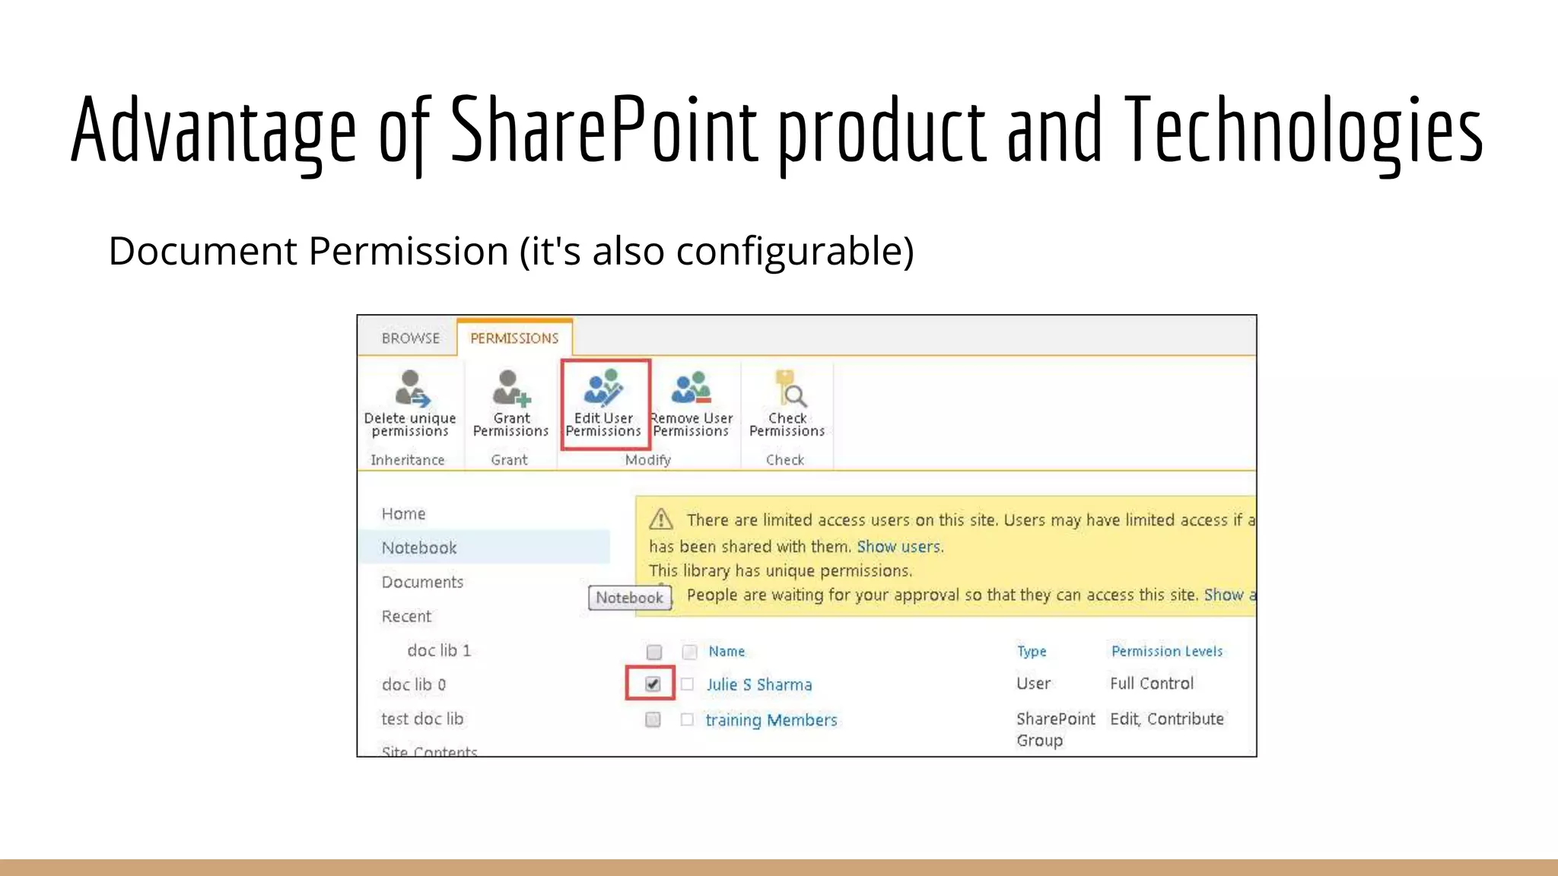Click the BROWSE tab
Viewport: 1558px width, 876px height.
(411, 338)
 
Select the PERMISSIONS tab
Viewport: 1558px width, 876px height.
(514, 338)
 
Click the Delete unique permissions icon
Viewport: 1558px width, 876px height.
(411, 389)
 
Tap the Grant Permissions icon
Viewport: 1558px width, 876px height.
(510, 389)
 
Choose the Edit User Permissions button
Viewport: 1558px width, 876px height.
(604, 403)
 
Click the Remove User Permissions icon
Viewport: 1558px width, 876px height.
(692, 389)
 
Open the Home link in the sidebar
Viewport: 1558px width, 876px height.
(404, 514)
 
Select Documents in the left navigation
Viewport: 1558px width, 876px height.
(422, 582)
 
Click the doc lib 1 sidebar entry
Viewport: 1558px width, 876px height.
(439, 651)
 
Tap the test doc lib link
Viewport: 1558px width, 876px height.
(422, 719)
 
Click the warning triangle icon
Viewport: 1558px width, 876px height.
(661, 519)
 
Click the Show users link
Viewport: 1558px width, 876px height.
(898, 547)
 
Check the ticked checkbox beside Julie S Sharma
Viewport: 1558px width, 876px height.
(653, 684)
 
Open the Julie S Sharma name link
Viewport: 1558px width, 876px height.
(759, 685)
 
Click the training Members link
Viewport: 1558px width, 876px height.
(771, 720)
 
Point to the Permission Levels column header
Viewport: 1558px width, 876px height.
(1167, 652)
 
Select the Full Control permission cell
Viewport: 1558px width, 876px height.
(1152, 684)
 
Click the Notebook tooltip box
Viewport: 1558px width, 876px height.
(630, 598)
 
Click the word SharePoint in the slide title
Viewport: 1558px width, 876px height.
(604, 129)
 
